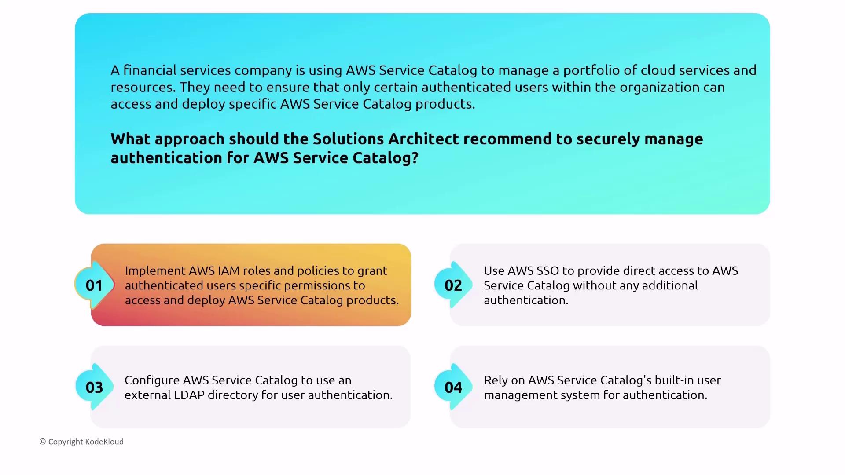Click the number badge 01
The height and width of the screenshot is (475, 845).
tap(94, 285)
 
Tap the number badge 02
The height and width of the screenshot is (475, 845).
tap(453, 285)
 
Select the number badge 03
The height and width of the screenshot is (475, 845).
tap(94, 387)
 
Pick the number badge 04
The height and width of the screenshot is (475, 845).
tap(453, 387)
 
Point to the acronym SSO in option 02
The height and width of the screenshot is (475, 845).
tap(547, 270)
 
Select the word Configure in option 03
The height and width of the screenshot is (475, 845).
tap(152, 380)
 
